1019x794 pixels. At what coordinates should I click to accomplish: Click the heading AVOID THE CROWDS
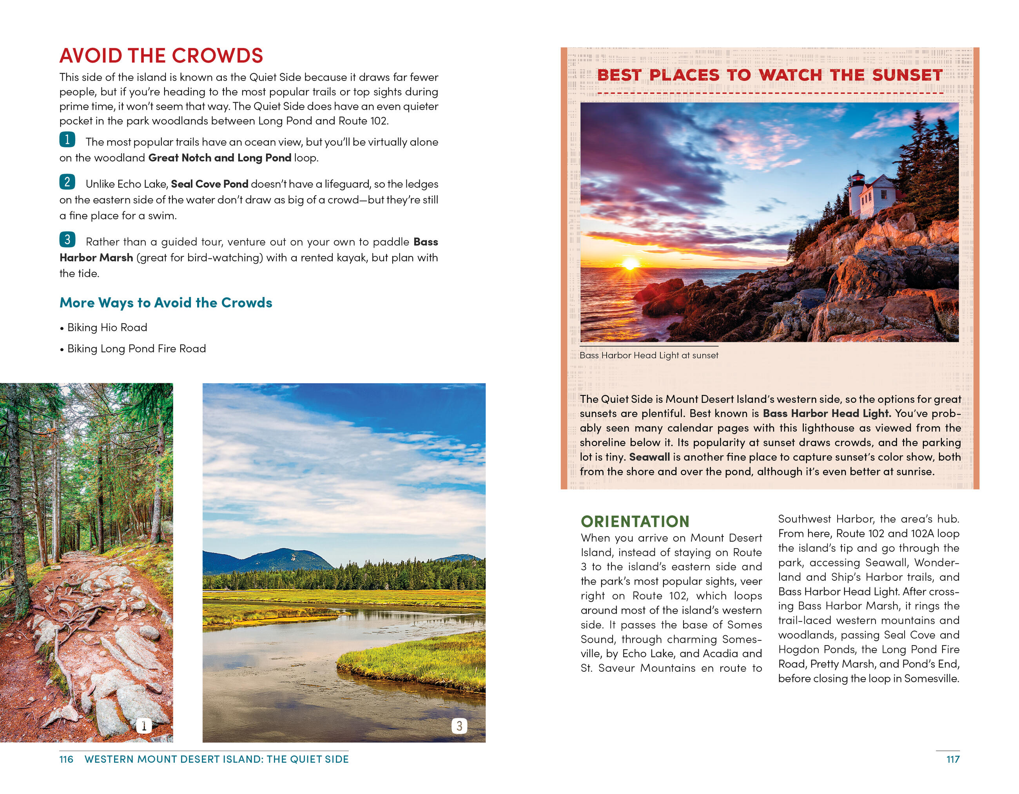pos(161,56)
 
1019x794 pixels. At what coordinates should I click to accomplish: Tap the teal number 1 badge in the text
pos(67,140)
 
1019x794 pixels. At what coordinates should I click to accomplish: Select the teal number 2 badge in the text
pos(67,181)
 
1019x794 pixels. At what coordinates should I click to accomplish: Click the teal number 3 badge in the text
pos(67,239)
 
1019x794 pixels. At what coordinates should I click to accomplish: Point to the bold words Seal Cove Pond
pos(210,184)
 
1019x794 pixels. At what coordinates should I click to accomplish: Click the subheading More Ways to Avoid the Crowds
pos(166,303)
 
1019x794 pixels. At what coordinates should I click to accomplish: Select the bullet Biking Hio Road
pos(107,328)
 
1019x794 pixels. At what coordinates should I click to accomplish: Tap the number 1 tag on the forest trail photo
pos(144,725)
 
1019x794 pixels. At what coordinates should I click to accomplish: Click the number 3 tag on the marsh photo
pos(459,725)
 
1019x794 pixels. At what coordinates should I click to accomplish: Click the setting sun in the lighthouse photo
pos(630,264)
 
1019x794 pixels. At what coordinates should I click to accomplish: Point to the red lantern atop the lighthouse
pos(858,177)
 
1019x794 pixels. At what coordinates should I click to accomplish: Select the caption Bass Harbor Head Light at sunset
pos(649,355)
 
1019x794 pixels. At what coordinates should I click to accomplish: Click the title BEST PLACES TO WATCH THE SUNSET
pos(769,75)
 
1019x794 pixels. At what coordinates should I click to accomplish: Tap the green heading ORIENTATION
pos(635,522)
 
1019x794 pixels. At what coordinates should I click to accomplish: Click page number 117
pos(953,760)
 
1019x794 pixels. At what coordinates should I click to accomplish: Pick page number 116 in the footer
pos(66,760)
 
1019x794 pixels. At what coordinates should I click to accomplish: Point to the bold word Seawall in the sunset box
pos(649,457)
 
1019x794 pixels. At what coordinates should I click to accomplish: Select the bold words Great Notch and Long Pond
pos(219,158)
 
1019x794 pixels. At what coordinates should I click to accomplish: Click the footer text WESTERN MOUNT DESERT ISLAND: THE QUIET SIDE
pos(216,760)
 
